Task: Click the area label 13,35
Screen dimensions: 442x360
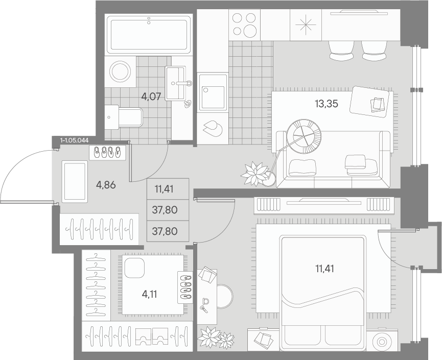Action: (x=326, y=104)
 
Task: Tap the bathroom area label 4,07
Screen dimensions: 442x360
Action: (x=151, y=97)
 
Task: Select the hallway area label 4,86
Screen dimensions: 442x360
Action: (x=106, y=185)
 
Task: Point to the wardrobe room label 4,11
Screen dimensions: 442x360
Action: (x=149, y=294)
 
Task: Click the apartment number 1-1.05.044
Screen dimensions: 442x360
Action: (x=75, y=140)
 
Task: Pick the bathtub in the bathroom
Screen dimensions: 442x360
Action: (x=149, y=35)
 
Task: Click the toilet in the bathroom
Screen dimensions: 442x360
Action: (x=124, y=117)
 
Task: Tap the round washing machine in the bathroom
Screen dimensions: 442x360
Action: (x=121, y=71)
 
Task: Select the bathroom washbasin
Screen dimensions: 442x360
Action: (x=175, y=83)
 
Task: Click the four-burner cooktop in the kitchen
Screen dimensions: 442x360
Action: (x=244, y=25)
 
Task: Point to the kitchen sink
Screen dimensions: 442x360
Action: (x=213, y=92)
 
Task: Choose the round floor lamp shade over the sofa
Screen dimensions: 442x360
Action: (x=304, y=136)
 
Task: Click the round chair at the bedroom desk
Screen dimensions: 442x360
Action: (x=225, y=296)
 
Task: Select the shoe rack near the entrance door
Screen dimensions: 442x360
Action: (x=107, y=153)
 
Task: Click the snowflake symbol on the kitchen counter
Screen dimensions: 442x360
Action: (x=306, y=25)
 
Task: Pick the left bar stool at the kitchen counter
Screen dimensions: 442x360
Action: (x=341, y=51)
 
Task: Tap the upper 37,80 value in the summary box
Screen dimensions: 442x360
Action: (x=165, y=210)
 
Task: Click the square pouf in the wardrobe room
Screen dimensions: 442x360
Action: (x=134, y=268)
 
